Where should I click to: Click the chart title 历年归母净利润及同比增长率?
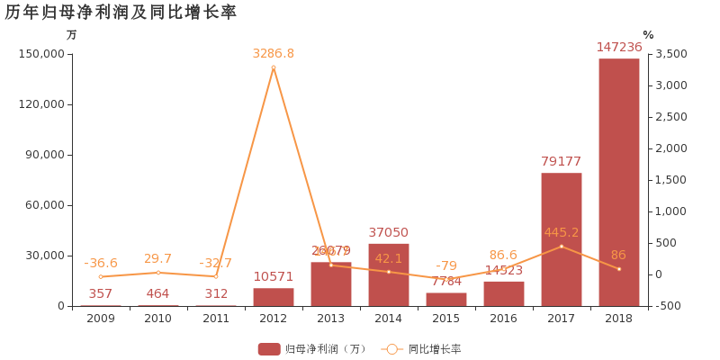coord(121,13)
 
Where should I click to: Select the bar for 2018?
coord(619,182)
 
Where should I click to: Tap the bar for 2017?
coord(562,239)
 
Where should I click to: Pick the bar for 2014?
coord(389,274)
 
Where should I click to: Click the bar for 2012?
coord(274,297)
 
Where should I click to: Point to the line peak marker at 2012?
coord(274,67)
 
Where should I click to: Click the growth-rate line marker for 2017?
coord(562,247)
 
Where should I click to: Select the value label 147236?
coord(619,48)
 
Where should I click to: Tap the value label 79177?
coord(562,162)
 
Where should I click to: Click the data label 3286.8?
coord(274,54)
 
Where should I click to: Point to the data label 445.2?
coord(562,233)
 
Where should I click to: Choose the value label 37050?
coord(389,232)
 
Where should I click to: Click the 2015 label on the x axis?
coord(446,319)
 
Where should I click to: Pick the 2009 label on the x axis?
coord(101,319)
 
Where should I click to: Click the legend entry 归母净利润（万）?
coord(312,349)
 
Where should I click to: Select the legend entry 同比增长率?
coord(423,349)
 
